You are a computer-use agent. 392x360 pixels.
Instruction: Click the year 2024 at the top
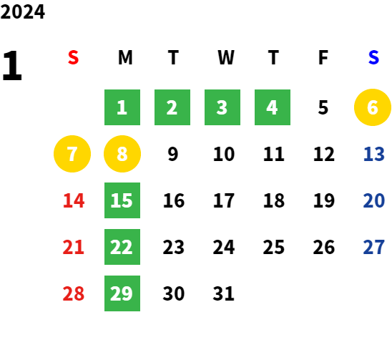click(23, 11)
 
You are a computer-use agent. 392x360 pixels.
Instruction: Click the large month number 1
click(12, 66)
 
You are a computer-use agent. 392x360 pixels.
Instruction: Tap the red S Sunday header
click(73, 57)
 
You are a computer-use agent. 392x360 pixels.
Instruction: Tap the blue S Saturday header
click(373, 57)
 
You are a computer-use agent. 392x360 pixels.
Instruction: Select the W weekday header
click(226, 57)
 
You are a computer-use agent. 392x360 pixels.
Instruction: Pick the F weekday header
click(323, 57)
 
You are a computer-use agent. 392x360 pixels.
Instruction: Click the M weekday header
click(125, 57)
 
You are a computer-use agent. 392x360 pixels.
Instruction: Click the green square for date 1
click(122, 107)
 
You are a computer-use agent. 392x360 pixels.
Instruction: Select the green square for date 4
click(273, 107)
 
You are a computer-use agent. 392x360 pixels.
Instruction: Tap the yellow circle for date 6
click(373, 107)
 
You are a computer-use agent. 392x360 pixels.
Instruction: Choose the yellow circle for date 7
click(72, 154)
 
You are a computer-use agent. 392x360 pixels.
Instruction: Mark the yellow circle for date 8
click(122, 154)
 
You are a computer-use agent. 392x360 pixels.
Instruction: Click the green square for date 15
click(122, 200)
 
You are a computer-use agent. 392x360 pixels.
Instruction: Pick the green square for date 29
click(122, 293)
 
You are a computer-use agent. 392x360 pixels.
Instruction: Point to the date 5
click(323, 107)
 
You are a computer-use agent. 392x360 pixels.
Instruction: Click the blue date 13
click(373, 154)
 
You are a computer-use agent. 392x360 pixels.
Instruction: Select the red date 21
click(73, 247)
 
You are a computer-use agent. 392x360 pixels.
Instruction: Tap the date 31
click(223, 293)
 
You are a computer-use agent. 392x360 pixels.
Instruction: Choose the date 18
click(274, 200)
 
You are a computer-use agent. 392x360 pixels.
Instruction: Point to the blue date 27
click(373, 247)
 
